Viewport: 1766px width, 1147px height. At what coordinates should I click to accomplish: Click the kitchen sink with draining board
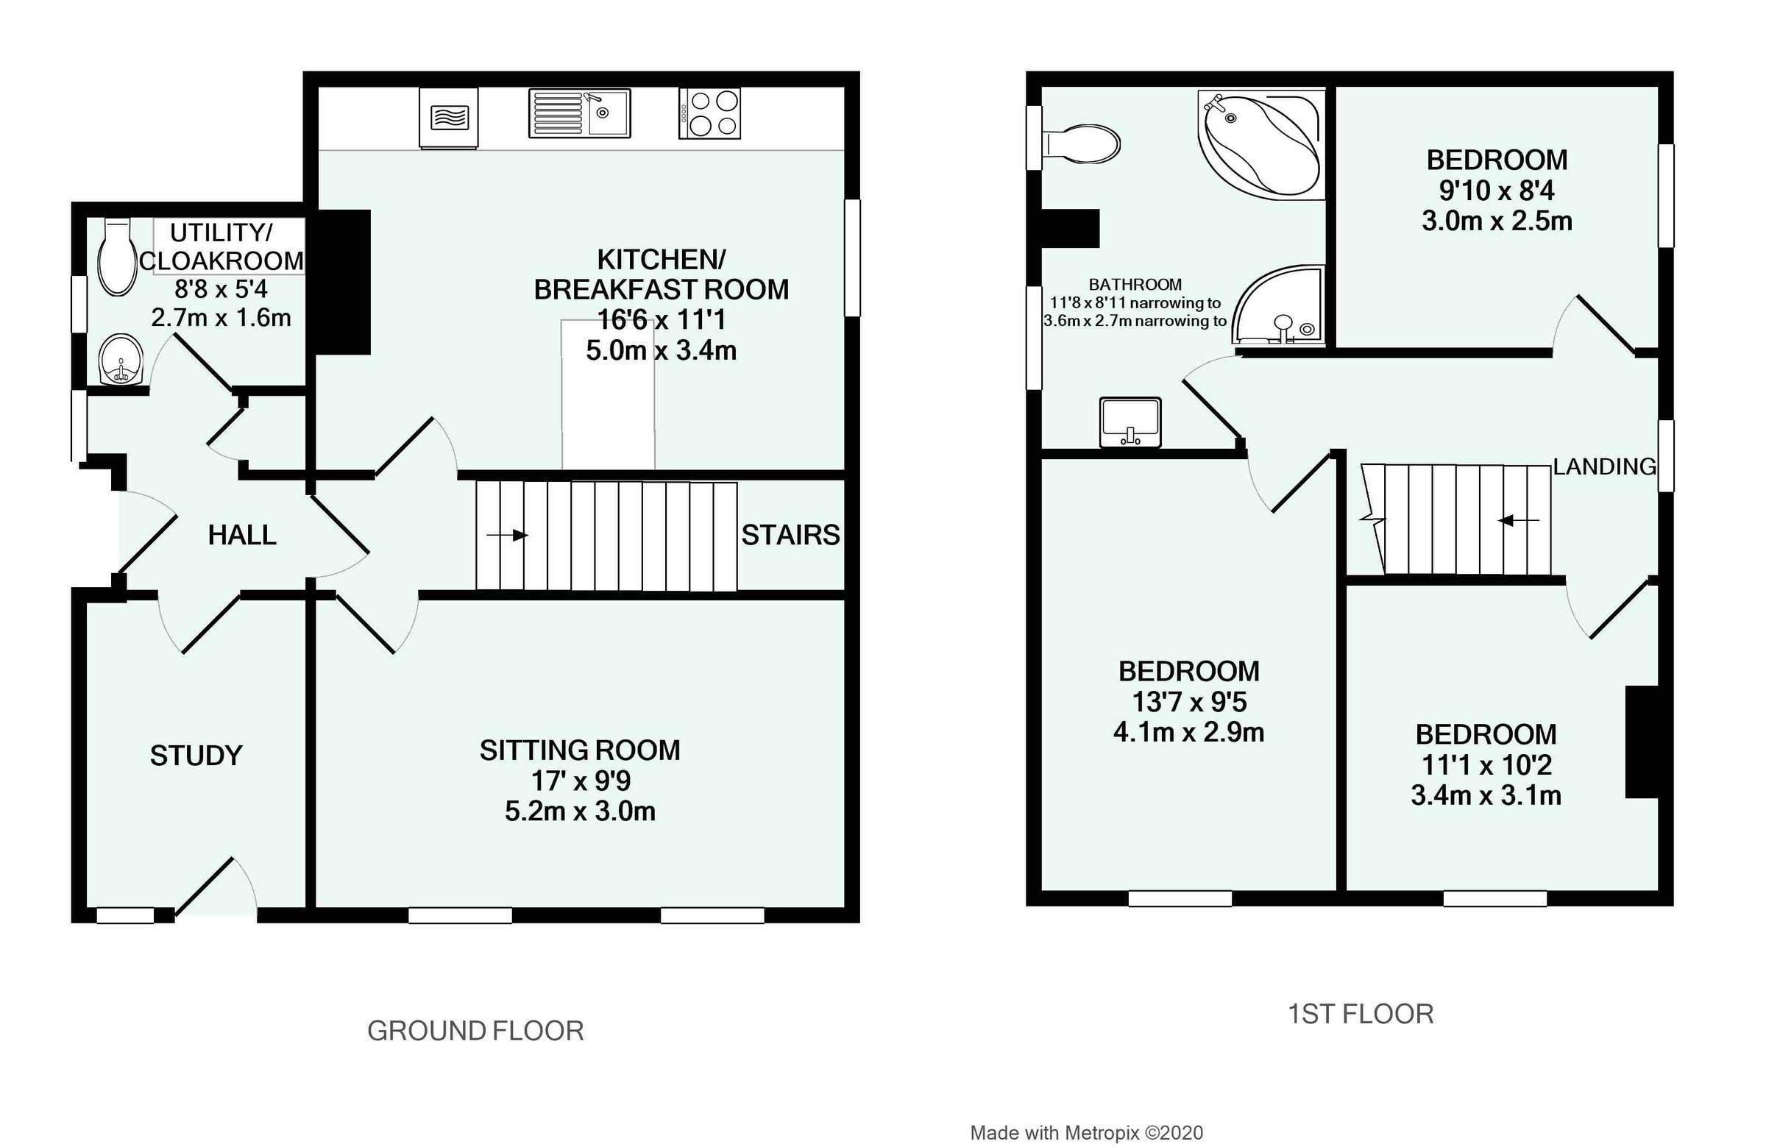pos(580,113)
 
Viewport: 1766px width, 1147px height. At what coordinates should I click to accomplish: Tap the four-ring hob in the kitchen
pos(710,113)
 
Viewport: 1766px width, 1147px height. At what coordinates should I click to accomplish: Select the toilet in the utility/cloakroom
pos(116,257)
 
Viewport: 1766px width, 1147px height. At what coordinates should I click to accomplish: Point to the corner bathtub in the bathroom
pos(1261,145)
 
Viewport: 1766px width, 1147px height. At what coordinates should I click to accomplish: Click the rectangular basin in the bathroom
pos(1130,422)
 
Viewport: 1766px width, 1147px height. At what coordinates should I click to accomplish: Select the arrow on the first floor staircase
pos(1518,521)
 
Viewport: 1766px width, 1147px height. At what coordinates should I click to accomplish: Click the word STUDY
pos(196,756)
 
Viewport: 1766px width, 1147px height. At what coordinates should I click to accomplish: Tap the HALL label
pos(242,535)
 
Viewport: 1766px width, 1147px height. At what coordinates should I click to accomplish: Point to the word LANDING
pos(1604,466)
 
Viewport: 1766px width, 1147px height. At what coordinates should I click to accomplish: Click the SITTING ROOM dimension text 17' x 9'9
pos(581,781)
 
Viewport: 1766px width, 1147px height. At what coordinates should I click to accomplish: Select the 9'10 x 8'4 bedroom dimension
pos(1497,191)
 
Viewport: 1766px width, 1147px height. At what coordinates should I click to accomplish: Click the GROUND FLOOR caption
pos(475,1031)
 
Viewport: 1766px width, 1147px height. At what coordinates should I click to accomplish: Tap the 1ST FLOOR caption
pos(1360,1014)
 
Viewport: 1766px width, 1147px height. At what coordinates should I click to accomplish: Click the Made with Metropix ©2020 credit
pos(1086,1133)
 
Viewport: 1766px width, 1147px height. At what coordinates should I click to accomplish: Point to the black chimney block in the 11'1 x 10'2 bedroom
pos(1642,742)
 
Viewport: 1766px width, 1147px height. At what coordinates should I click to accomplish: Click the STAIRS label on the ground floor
pos(790,535)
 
